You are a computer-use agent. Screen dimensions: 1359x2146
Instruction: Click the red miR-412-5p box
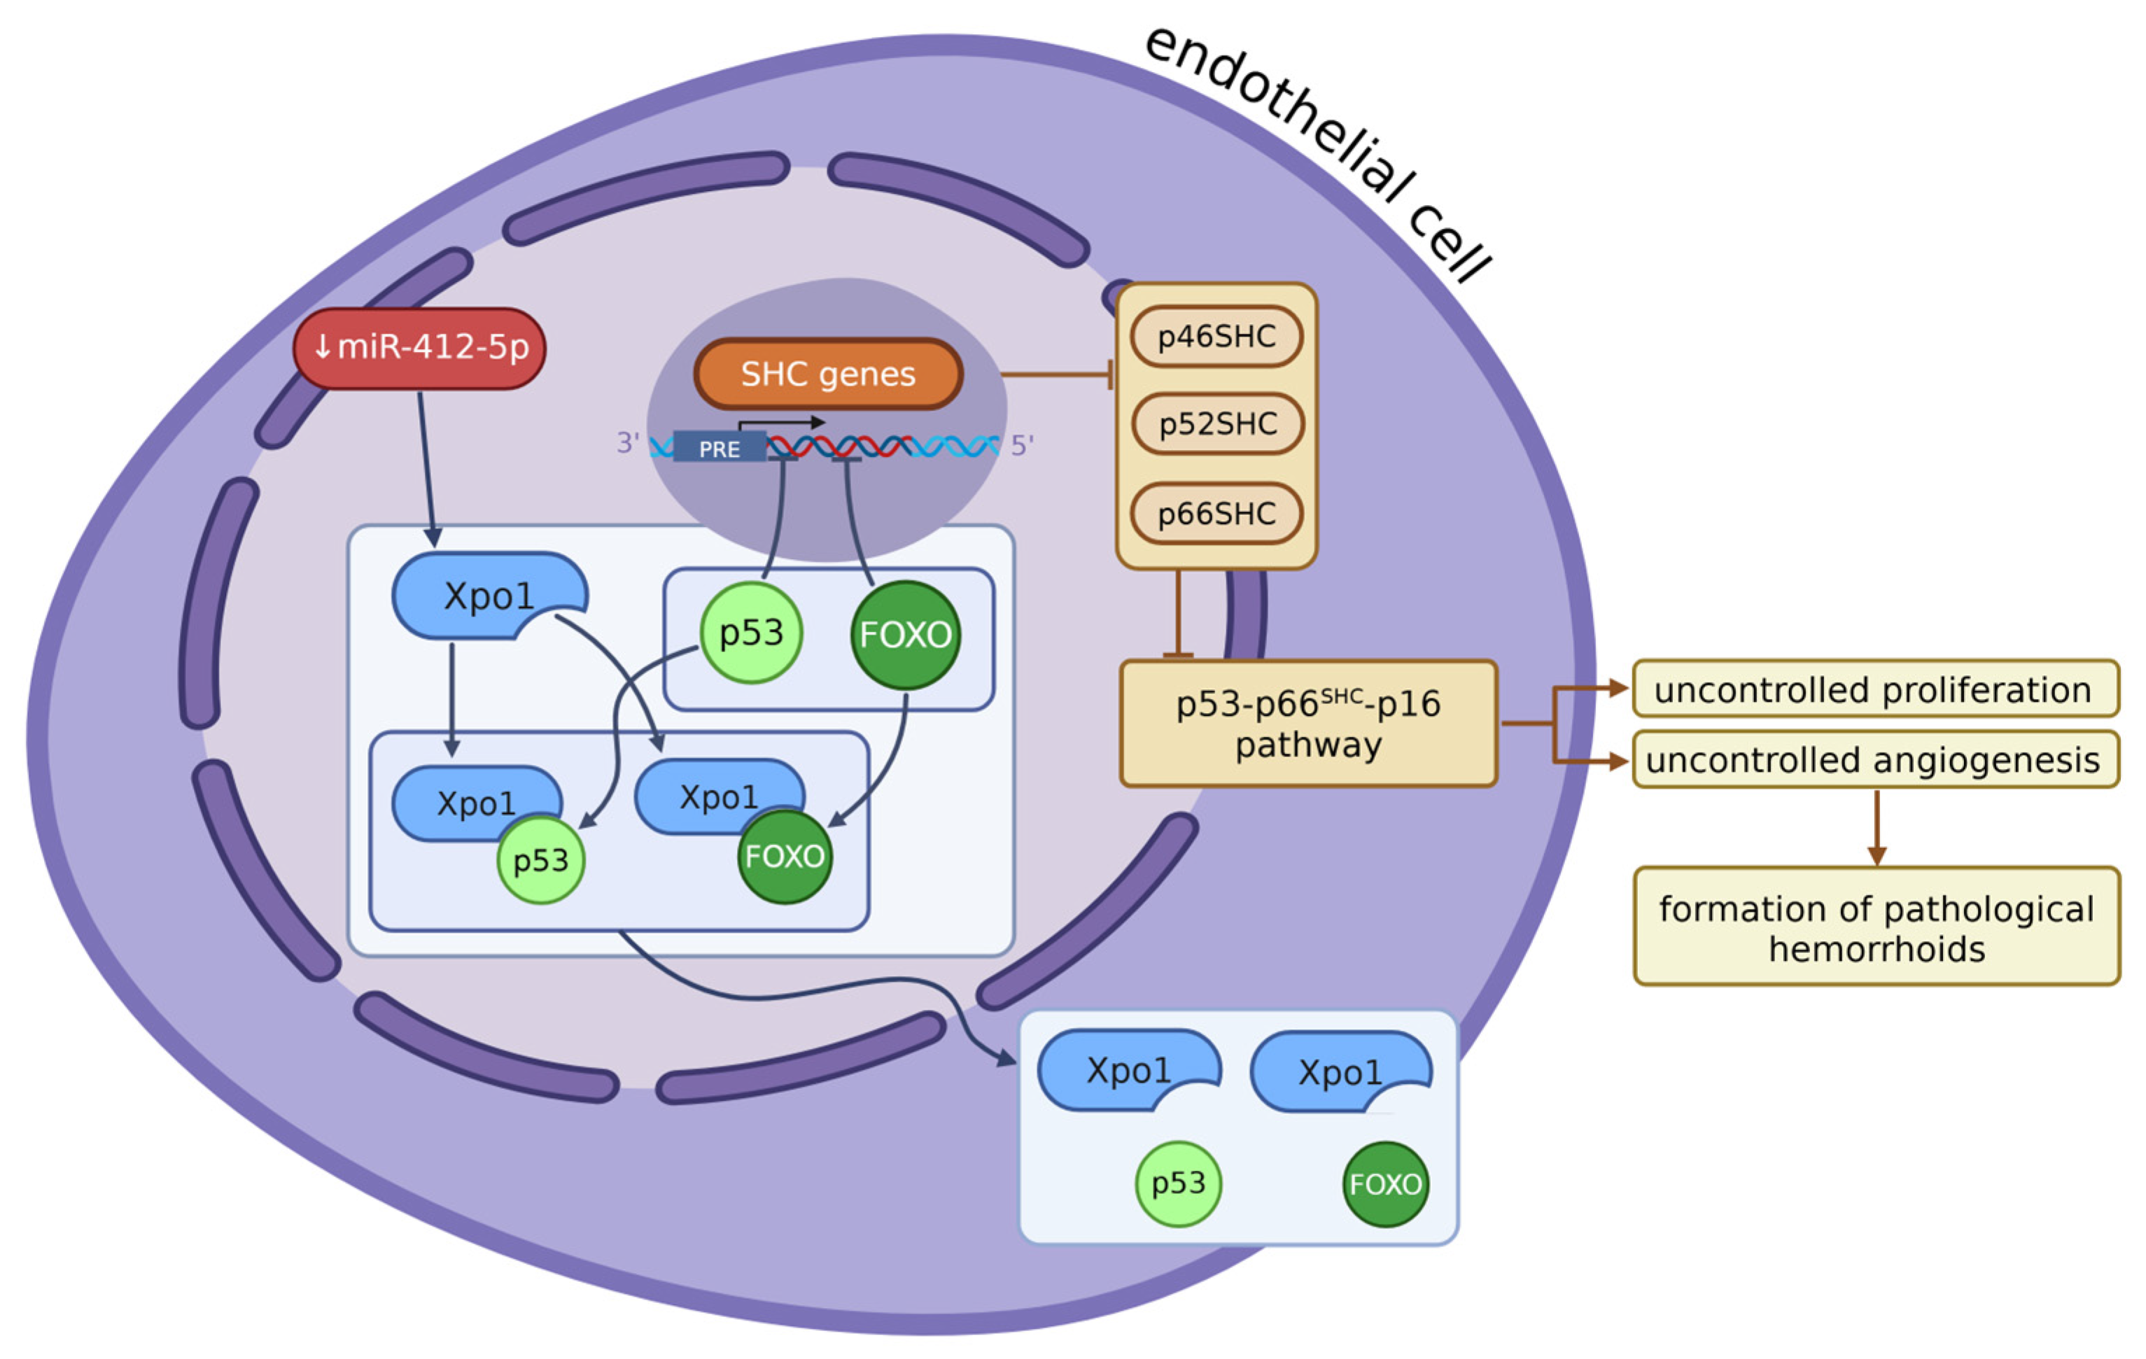tap(419, 348)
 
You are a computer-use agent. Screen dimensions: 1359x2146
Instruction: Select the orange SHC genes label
tap(828, 374)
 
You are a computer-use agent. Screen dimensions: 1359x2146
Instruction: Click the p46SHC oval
tap(1216, 337)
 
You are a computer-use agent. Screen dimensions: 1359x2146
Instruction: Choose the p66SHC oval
tap(1216, 514)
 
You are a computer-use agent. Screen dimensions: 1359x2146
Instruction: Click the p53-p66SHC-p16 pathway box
tap(1307, 724)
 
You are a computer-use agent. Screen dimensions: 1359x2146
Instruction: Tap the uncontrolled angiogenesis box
tap(1874, 760)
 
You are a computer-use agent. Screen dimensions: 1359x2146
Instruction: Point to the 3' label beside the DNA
tap(627, 443)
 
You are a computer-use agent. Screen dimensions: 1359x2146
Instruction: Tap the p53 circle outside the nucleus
tap(1178, 1184)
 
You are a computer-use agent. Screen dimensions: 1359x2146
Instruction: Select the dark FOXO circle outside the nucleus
tap(1385, 1184)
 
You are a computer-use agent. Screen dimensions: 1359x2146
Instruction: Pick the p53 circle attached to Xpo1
tap(540, 861)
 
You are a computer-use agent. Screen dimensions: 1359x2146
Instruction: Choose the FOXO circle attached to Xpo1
tap(784, 857)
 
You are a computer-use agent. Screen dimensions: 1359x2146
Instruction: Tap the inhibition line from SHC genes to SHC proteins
tap(1056, 375)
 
